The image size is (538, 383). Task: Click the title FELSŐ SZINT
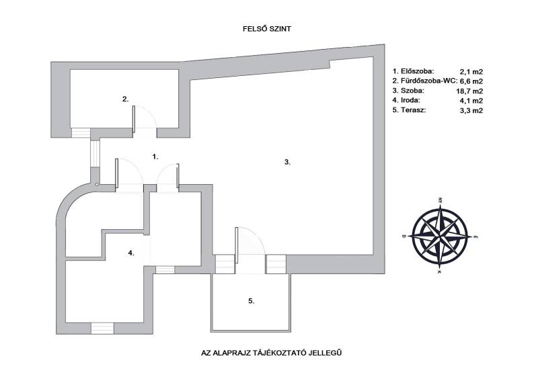[269, 30]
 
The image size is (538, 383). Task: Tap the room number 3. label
[287, 162]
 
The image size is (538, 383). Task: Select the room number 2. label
[126, 99]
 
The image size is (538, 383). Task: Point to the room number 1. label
[155, 156]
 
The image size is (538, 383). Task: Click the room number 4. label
[132, 253]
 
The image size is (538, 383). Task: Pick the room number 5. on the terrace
[251, 302]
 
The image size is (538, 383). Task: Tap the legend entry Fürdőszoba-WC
[424, 80]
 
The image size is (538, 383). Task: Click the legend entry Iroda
[408, 99]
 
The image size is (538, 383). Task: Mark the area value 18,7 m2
[471, 90]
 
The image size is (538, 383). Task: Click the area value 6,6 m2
[471, 80]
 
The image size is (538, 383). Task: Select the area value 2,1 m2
[471, 71]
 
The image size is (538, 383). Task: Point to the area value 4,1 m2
[471, 99]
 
